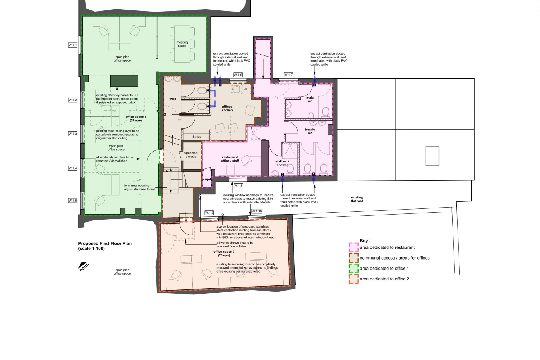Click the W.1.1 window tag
click(73, 45)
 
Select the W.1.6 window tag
click(238, 75)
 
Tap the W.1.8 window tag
click(238, 185)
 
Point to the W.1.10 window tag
click(257, 211)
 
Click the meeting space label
click(182, 44)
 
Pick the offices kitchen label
click(227, 108)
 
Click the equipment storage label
click(191, 155)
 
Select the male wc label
click(310, 99)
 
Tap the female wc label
click(310, 131)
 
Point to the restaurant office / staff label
click(230, 159)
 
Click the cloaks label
click(196, 137)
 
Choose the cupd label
click(207, 179)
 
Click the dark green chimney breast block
click(124, 81)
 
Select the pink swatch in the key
click(354, 248)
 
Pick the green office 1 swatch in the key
click(354, 268)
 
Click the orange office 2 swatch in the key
click(354, 279)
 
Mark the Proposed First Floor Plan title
click(105, 246)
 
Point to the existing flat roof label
click(357, 199)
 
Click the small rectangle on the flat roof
click(432, 156)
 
